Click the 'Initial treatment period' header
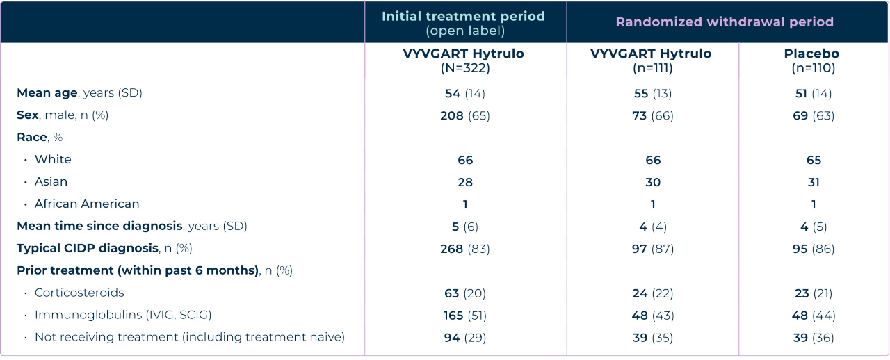[x=464, y=16]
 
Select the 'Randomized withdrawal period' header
[x=725, y=22]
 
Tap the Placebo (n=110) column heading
[x=814, y=60]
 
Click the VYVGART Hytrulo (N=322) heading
[x=464, y=60]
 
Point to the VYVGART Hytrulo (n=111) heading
[x=651, y=60]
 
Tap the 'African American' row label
[x=87, y=204]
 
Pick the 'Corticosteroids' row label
[x=79, y=293]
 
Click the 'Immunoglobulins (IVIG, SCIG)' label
[x=123, y=315]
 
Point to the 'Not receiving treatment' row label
[x=189, y=337]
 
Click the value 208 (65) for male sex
[x=464, y=115]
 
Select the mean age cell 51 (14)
[x=814, y=93]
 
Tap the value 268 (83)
[x=464, y=248]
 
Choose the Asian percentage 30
[x=652, y=182]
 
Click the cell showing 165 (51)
[x=464, y=315]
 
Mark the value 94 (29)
[x=464, y=337]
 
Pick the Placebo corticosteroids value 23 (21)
[x=814, y=293]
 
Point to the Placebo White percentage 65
[x=814, y=160]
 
